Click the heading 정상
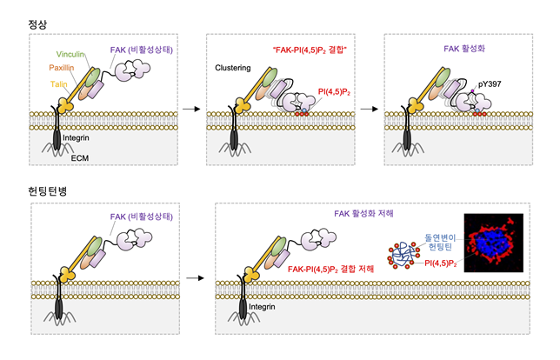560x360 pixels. point(37,24)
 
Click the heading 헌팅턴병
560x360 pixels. point(48,191)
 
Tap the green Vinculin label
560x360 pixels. point(70,54)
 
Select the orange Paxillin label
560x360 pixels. point(62,68)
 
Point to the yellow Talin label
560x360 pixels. point(58,84)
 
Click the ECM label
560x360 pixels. point(80,158)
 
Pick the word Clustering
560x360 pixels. point(233,68)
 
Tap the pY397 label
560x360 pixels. point(490,84)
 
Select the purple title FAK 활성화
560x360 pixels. point(464,49)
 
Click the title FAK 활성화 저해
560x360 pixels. point(363,214)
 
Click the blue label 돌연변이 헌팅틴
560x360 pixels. point(440,242)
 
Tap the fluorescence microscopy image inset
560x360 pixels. point(494,243)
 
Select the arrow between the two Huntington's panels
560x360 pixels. point(195,278)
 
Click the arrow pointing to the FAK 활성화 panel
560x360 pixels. point(370,109)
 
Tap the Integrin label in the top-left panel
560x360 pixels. point(76,138)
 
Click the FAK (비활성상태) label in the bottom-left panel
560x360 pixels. point(142,217)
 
